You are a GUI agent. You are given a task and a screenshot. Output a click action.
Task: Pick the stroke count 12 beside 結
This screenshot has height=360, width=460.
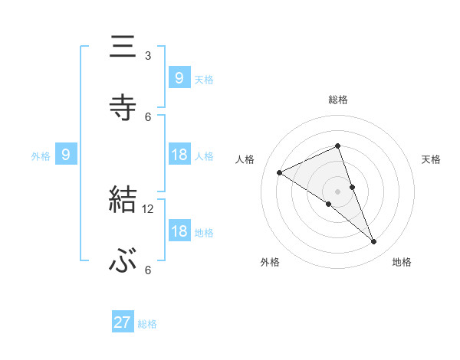pos(148,208)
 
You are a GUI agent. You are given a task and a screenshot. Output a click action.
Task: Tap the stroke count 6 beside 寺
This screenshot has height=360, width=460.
pos(148,116)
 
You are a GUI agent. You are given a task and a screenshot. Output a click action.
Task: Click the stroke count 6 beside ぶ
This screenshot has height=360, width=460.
pos(148,270)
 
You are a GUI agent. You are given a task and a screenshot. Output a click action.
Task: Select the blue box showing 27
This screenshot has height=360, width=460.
pos(123,322)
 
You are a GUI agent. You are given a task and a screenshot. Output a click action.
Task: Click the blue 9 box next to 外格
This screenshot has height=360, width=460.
pos(66,155)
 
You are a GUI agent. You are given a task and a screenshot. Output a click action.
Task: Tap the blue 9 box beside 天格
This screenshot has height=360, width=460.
pos(179,77)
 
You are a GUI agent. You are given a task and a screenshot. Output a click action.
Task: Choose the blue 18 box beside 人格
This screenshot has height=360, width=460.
pos(179,155)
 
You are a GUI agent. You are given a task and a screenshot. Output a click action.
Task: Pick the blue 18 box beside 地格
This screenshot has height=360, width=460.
pos(179,231)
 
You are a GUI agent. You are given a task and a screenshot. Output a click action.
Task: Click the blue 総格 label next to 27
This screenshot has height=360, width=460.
pos(147,324)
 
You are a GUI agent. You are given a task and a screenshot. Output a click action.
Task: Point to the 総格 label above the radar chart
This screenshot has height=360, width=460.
pos(338,100)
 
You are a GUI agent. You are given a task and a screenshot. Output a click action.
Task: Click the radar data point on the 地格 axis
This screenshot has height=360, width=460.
pos(374,242)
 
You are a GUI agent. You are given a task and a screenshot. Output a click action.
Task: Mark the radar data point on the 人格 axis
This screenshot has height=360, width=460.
pos(279,172)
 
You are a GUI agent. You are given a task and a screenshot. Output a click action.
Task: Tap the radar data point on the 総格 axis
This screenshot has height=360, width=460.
pos(338,146)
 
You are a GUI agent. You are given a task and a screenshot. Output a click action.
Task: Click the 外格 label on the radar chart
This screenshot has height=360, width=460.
pos(270,262)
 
